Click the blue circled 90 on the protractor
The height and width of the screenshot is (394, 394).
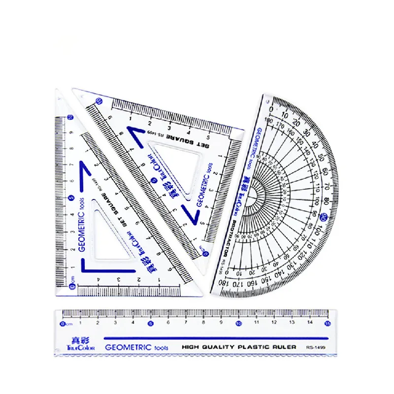point(323,216)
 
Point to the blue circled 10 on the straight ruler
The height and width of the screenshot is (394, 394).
point(238,324)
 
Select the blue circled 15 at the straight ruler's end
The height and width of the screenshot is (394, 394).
point(327,323)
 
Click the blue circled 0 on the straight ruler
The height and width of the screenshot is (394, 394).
point(62,324)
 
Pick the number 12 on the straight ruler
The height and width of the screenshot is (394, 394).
point(274,324)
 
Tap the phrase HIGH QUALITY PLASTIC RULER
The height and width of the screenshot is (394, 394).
point(238,347)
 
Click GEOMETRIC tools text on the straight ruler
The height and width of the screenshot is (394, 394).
point(136,347)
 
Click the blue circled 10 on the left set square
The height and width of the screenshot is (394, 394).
point(70,117)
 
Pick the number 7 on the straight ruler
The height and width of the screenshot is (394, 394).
point(186,324)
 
